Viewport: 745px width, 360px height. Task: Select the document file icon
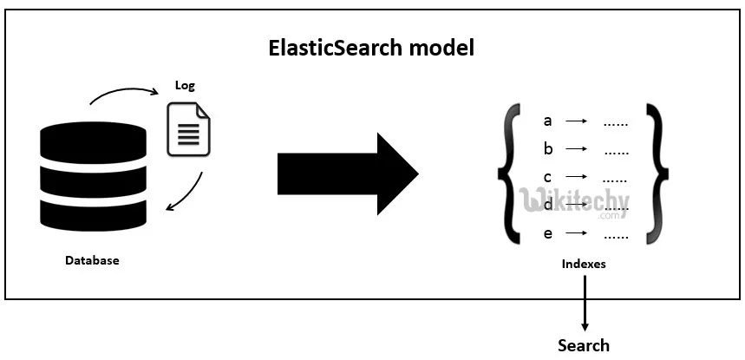coord(189,130)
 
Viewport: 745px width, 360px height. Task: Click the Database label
coord(92,260)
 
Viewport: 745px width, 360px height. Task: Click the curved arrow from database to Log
coord(121,92)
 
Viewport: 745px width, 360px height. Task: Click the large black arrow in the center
coord(347,174)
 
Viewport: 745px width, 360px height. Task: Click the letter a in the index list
coord(547,121)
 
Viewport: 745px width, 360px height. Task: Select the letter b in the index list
coord(547,149)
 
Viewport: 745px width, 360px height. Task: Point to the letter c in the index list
coord(547,177)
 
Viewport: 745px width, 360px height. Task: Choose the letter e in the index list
coord(547,233)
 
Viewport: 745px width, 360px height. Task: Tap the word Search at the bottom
coord(583,345)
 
